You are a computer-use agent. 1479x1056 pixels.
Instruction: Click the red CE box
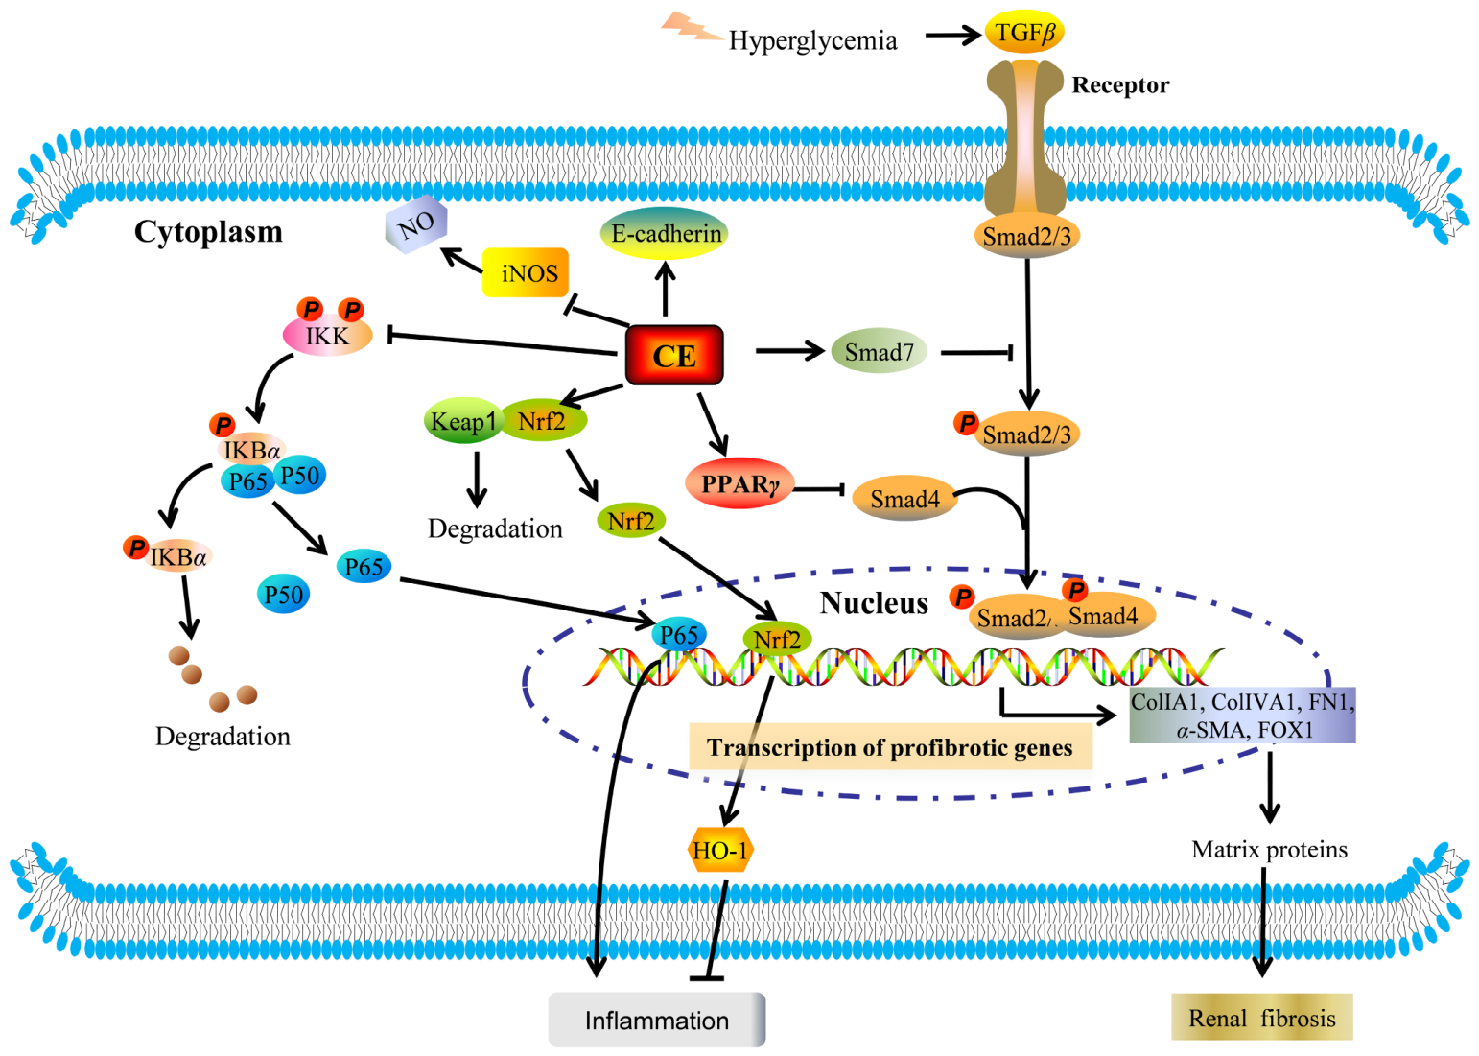point(674,355)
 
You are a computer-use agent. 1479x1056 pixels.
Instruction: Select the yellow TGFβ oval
point(1024,32)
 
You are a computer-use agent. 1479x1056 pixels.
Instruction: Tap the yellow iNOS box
point(526,272)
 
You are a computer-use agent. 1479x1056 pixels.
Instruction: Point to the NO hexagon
point(416,224)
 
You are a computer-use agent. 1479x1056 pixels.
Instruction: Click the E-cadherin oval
point(665,233)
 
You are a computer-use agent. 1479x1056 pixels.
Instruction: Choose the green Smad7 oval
point(879,351)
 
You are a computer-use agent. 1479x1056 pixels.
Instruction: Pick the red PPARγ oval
point(739,483)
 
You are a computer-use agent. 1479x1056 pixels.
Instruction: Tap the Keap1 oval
point(463,421)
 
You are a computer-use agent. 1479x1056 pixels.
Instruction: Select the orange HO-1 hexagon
point(720,850)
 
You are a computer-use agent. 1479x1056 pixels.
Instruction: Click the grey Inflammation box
point(657,1020)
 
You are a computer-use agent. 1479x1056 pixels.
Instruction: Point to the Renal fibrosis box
point(1262,1017)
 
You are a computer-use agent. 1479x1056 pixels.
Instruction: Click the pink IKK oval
point(327,335)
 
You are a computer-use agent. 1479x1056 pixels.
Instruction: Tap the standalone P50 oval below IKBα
point(283,594)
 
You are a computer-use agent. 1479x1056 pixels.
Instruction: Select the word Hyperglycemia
point(812,41)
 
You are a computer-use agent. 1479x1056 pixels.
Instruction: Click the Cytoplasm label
point(208,231)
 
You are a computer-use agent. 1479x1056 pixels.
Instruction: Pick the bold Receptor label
point(1120,84)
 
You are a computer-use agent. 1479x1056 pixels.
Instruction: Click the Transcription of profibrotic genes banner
point(890,747)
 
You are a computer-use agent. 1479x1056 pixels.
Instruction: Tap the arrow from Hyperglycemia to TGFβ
point(953,35)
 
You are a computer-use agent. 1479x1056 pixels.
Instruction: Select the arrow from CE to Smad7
point(790,351)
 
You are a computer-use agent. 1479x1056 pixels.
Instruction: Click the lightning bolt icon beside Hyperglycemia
point(691,27)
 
